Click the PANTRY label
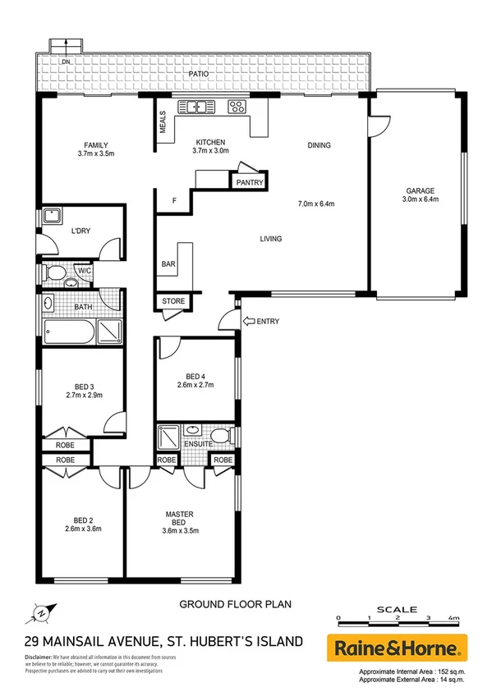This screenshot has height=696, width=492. click(249, 182)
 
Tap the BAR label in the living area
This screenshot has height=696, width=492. click(167, 264)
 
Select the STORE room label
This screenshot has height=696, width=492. click(173, 301)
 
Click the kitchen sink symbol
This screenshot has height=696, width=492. click(197, 105)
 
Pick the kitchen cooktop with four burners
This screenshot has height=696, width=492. click(236, 105)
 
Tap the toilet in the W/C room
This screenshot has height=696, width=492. click(56, 272)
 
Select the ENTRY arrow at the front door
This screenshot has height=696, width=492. click(249, 321)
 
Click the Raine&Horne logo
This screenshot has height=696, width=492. click(398, 648)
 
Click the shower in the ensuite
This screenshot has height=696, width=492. click(169, 433)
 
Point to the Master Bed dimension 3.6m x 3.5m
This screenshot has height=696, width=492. click(180, 530)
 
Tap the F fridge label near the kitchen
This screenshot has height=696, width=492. click(173, 200)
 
